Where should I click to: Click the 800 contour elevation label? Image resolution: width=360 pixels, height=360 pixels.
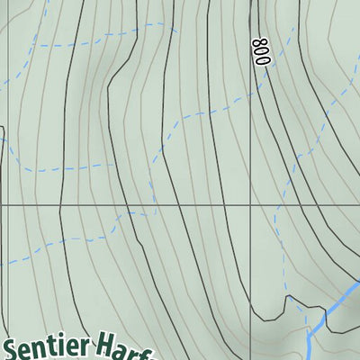click(261, 50)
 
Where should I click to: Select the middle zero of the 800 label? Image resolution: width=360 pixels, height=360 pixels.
click(261, 50)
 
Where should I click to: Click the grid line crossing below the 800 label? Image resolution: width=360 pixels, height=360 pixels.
click(251, 205)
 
